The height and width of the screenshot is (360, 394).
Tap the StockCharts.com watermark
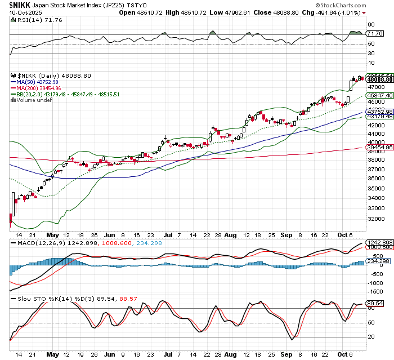(360, 5)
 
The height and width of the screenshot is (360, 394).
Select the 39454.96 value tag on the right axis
(380, 148)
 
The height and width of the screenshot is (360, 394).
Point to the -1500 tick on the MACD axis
(374, 291)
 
